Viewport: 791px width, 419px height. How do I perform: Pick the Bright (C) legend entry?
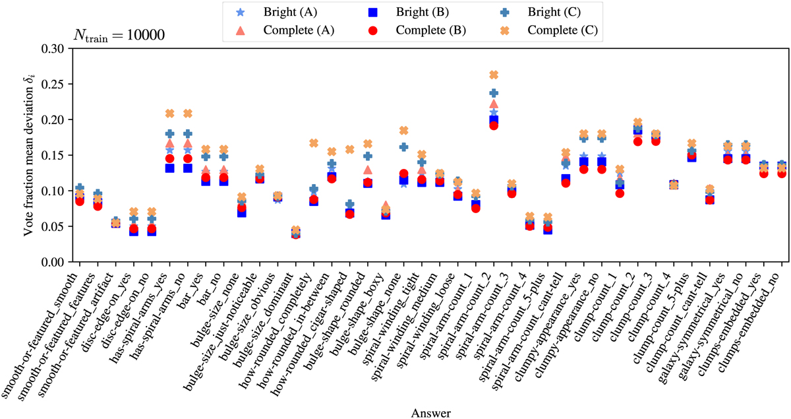click(x=541, y=13)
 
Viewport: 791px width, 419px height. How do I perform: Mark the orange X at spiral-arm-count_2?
click(x=494, y=75)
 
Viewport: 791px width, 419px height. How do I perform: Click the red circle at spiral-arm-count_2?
click(x=494, y=125)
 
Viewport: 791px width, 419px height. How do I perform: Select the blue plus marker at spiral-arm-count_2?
click(x=494, y=93)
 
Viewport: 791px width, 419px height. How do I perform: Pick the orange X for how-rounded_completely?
click(x=314, y=143)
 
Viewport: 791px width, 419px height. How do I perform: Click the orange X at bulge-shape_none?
click(x=403, y=131)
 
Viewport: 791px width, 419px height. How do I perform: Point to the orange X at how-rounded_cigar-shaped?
click(x=349, y=150)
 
